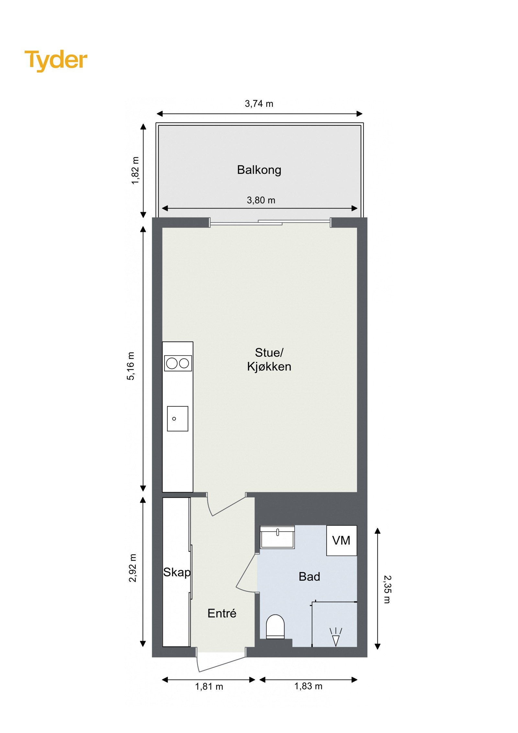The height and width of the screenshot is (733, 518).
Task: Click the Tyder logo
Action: point(56,60)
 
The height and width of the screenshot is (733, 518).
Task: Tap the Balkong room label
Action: point(259,170)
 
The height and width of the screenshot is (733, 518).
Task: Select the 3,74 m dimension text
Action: point(259,104)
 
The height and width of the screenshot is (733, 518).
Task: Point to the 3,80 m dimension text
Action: point(261,200)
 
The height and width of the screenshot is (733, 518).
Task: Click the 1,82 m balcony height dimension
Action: point(135,170)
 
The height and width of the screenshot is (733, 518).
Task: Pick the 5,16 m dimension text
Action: point(130,366)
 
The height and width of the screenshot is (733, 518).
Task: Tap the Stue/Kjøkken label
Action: point(269,360)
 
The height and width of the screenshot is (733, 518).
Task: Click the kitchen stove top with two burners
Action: point(178,363)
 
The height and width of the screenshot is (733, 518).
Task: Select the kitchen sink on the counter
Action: point(177,418)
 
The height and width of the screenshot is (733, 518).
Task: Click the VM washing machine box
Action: point(341,540)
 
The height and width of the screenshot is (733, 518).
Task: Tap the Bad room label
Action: point(309,577)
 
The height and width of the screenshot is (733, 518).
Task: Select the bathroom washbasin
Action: point(277,537)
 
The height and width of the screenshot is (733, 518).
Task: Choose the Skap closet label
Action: point(177,572)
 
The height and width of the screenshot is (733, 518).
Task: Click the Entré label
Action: point(222,613)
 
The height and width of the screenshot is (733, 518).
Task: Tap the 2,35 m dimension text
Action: point(387,589)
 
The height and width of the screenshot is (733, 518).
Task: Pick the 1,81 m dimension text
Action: point(209,686)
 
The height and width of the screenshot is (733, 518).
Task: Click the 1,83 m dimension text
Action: point(308,686)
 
